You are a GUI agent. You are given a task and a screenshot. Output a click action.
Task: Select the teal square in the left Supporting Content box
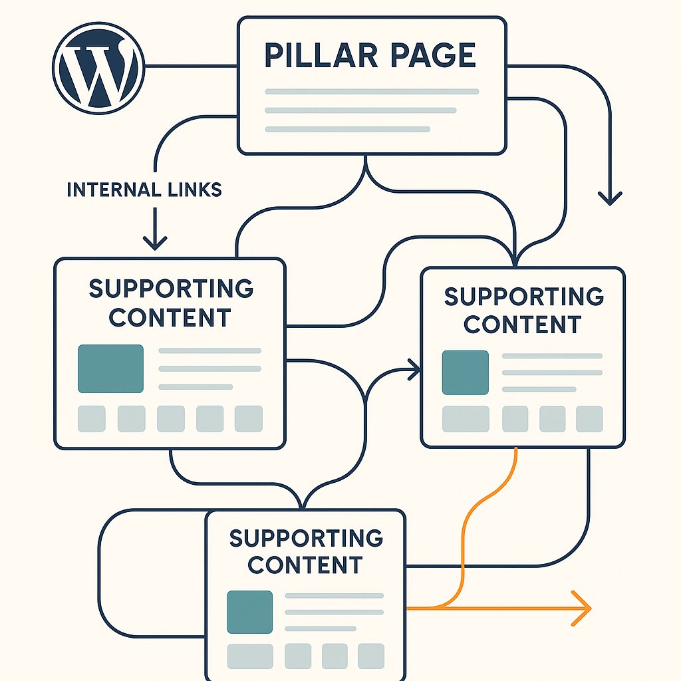(x=110, y=368)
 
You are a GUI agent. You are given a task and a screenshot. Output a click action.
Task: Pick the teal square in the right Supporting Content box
(x=466, y=372)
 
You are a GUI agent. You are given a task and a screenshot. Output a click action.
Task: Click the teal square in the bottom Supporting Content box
(x=249, y=612)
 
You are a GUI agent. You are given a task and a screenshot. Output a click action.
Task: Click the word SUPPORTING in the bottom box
(x=306, y=538)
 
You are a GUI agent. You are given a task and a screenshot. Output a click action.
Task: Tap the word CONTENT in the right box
(x=523, y=325)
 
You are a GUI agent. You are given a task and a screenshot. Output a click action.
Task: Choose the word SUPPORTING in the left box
(x=171, y=289)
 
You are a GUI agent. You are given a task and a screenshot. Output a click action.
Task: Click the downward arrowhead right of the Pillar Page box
(x=610, y=197)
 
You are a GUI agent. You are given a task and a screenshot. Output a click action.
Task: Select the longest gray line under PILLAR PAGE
(x=372, y=92)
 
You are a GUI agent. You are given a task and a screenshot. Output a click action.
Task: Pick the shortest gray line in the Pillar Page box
(x=347, y=129)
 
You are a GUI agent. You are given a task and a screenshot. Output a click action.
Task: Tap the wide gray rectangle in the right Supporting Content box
(x=466, y=419)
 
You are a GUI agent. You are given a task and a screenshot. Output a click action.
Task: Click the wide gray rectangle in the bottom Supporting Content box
(x=250, y=656)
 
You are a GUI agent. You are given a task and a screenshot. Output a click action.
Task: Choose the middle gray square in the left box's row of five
(x=170, y=419)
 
